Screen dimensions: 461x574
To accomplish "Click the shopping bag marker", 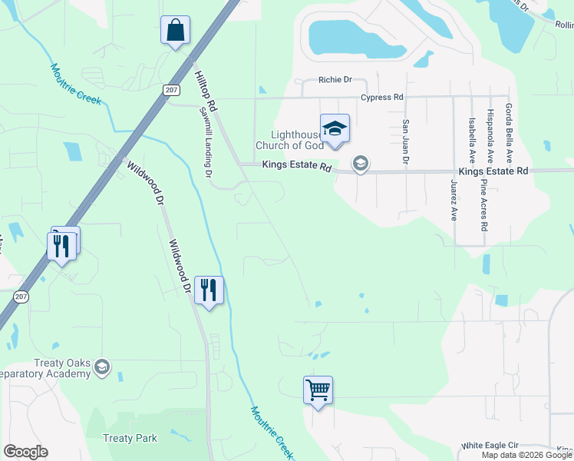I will coord(175,31).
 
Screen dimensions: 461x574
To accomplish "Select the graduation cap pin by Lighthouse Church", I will coord(335,128).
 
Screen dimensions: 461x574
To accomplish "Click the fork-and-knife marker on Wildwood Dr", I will coord(208,290).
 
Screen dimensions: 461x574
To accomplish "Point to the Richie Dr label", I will coord(335,79).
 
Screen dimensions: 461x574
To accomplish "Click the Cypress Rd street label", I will coord(382,98).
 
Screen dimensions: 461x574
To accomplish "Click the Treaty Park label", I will coord(130,438).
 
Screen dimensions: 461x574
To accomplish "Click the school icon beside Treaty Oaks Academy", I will coord(102,369).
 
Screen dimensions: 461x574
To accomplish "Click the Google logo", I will coord(25,452).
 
